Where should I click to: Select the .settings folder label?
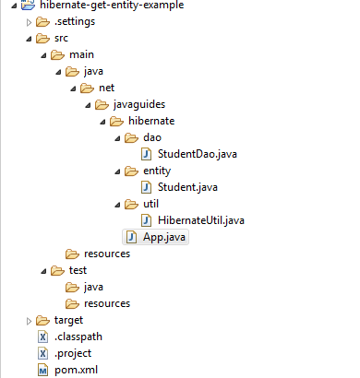(x=74, y=22)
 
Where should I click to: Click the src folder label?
(x=62, y=39)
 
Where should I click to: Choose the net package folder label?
(x=105, y=89)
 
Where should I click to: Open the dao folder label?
(x=151, y=138)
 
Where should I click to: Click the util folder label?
(x=151, y=204)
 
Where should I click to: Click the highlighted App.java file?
(x=163, y=237)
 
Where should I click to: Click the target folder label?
(x=69, y=320)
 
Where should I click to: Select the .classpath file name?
(x=79, y=337)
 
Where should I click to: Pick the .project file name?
(x=74, y=353)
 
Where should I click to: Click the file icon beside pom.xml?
(x=42, y=370)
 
